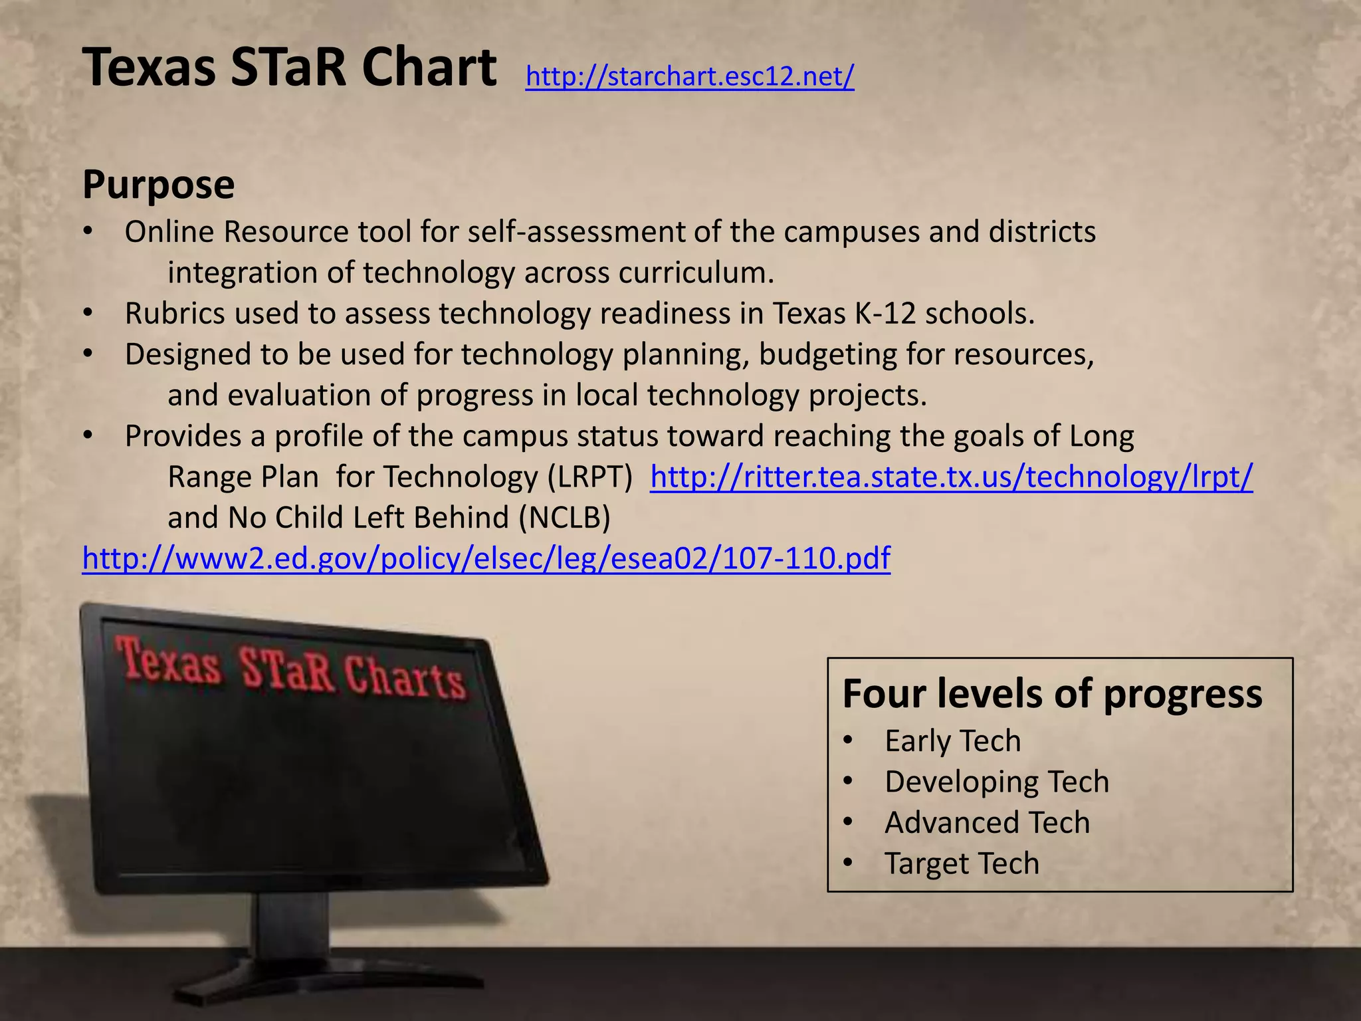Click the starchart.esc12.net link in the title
pos(689,77)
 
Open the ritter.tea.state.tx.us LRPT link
pos(951,477)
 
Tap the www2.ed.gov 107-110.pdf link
pos(486,558)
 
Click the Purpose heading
pos(158,185)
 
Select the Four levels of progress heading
pos(1052,694)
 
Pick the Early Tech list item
pos(952,741)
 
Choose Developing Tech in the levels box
pos(997,782)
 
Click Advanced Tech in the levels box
pos(987,823)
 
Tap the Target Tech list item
pos(962,863)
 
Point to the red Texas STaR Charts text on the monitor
pos(290,668)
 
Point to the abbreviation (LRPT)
pos(589,477)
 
